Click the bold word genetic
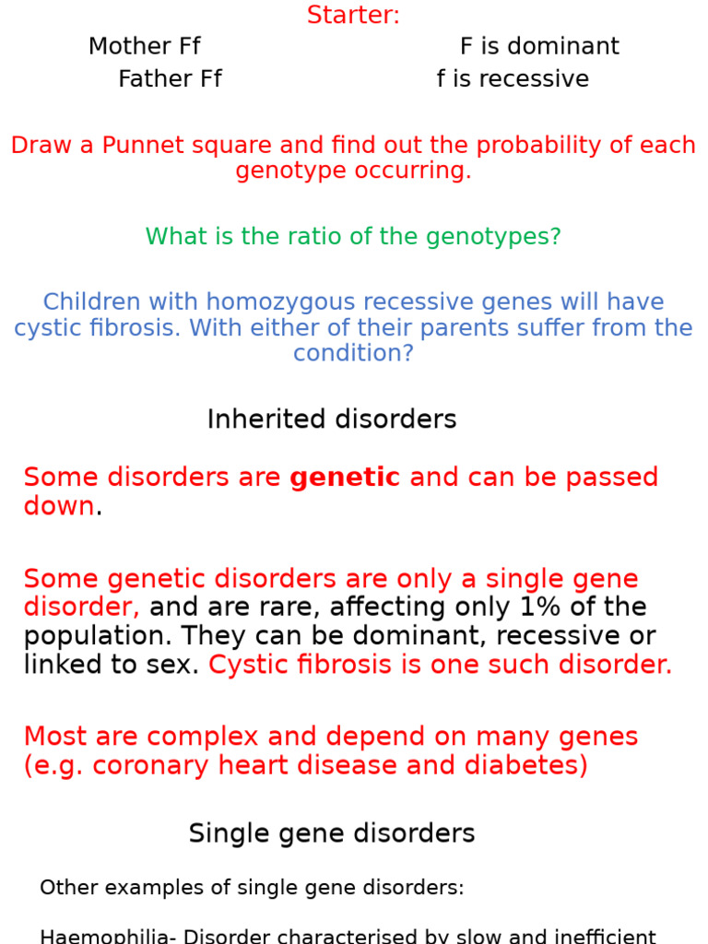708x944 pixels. tap(344, 478)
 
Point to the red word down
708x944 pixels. tap(59, 506)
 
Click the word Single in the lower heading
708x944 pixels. tap(224, 833)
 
